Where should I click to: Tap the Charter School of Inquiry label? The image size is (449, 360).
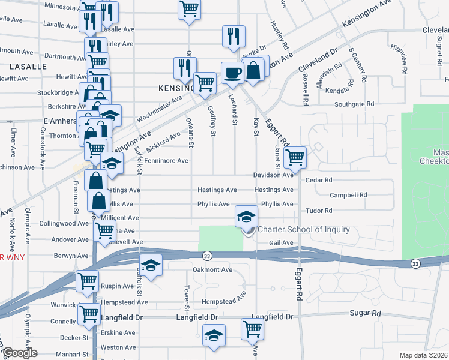point(303,229)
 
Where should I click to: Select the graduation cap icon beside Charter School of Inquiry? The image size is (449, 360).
point(246,217)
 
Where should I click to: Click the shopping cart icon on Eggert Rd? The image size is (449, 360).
point(294,158)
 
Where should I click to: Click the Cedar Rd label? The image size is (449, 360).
point(319,180)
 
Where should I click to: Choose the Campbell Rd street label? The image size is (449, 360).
point(348,195)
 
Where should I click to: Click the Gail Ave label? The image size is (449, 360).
point(281,243)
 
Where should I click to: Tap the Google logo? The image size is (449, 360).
point(19,353)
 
